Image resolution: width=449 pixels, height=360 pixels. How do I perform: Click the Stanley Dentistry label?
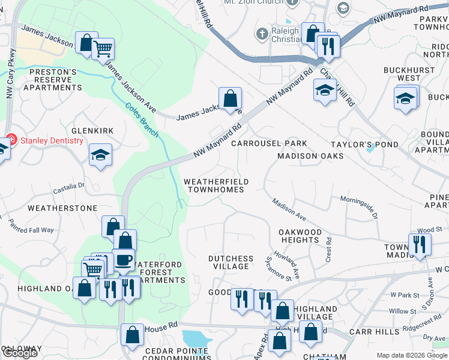pyautogui.click(x=52, y=140)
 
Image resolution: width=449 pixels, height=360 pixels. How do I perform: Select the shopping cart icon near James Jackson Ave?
pyautogui.click(x=103, y=48)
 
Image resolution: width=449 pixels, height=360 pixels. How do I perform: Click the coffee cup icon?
pyautogui.click(x=124, y=260)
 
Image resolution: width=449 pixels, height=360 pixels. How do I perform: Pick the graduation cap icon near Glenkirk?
pyautogui.click(x=100, y=155)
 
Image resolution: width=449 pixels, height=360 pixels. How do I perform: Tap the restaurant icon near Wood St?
pyautogui.click(x=419, y=244)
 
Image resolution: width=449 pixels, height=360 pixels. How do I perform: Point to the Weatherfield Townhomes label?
pyautogui.click(x=215, y=185)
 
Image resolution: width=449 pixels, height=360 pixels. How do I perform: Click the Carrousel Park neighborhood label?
pyautogui.click(x=269, y=143)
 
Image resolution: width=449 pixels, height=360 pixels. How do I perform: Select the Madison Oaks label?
pyautogui.click(x=310, y=156)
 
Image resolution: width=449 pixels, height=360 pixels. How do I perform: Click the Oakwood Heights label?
pyautogui.click(x=300, y=236)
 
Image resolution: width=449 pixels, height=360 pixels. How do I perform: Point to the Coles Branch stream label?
pyautogui.click(x=142, y=119)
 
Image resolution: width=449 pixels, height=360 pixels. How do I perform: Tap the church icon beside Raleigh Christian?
pyautogui.click(x=263, y=34)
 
